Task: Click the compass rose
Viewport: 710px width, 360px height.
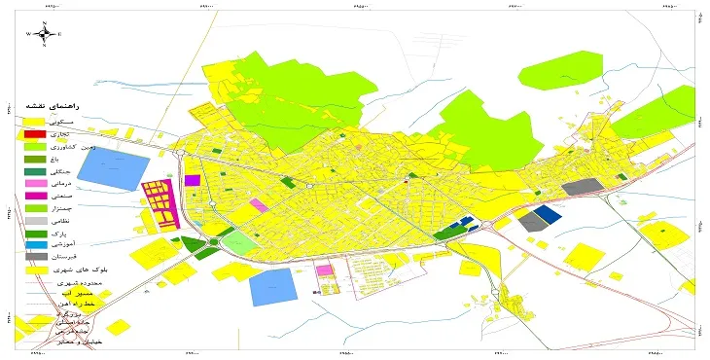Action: [44, 34]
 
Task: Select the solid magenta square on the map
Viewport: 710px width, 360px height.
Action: [193, 180]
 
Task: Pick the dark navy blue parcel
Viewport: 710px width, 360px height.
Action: [549, 215]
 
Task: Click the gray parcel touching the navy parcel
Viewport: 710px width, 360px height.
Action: [532, 222]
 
